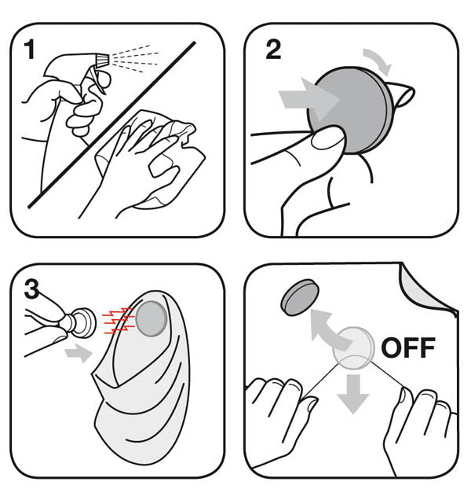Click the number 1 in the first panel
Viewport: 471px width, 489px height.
tap(30, 49)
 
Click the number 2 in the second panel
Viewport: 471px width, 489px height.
tap(273, 50)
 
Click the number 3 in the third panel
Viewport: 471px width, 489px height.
tap(31, 289)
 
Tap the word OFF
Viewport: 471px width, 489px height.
tap(407, 347)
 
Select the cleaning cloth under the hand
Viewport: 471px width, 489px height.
tap(152, 156)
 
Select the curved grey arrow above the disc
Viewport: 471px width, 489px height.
tap(378, 61)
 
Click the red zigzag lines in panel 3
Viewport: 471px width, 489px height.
tap(119, 322)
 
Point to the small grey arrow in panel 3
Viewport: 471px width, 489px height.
tap(78, 353)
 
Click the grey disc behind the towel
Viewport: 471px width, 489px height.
tap(151, 318)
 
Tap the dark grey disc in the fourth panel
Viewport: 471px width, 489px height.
tap(300, 296)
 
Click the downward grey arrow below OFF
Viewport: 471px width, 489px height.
tap(353, 394)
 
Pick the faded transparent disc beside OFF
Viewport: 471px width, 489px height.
tap(353, 347)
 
